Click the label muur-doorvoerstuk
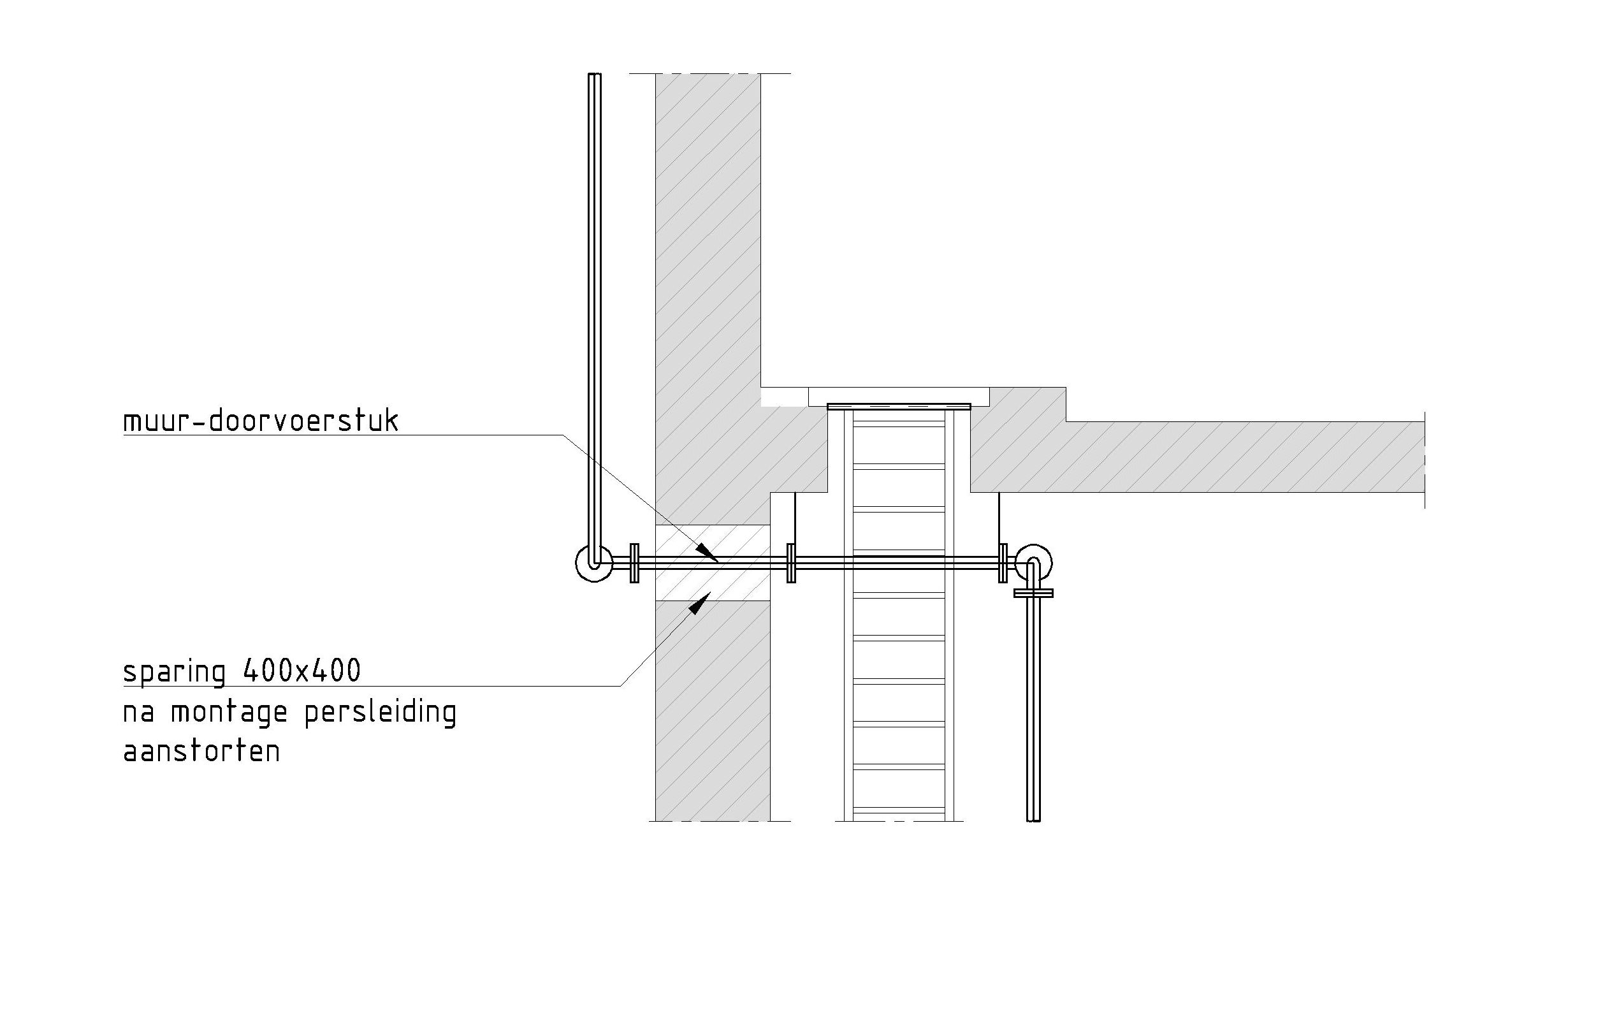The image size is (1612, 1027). [261, 421]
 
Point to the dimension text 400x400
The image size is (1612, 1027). [302, 670]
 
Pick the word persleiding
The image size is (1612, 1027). [381, 712]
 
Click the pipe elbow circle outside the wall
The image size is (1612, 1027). [594, 562]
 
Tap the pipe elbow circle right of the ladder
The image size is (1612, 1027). [1034, 562]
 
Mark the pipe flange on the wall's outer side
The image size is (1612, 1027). [635, 563]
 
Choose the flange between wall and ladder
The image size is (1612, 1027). [790, 563]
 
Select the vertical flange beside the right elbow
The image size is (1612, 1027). [1002, 563]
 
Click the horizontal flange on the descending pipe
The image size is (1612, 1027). [1034, 593]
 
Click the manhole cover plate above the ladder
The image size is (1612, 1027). [898, 406]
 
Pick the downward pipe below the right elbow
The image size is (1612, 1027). [1034, 710]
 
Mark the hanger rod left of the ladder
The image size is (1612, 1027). [795, 518]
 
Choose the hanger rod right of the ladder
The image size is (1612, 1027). [999, 518]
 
